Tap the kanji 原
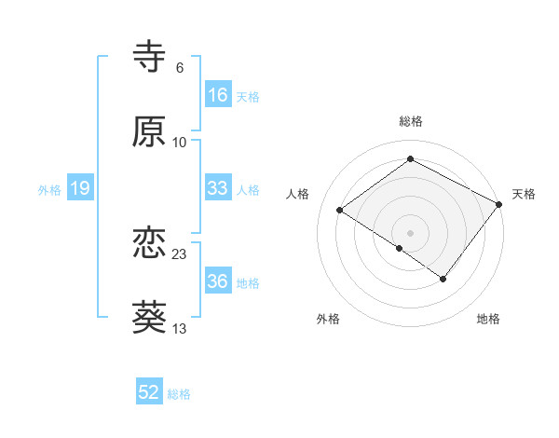[150, 131]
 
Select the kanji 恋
[150, 244]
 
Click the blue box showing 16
[218, 95]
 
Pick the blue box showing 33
[218, 188]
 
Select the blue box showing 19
[79, 189]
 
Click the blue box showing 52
[149, 393]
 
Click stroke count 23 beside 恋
[180, 254]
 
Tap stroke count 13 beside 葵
[180, 329]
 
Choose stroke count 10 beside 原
[180, 143]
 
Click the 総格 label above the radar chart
[411, 121]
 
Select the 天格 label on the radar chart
[524, 194]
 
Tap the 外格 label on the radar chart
[328, 320]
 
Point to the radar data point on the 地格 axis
[443, 279]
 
